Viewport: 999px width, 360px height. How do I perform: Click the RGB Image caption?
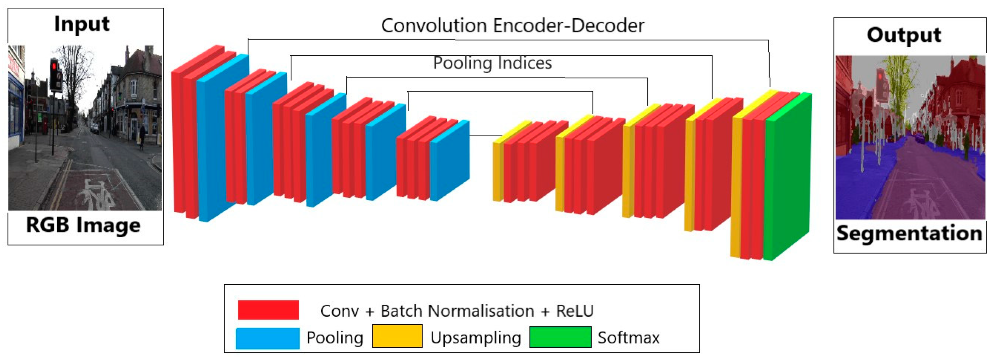tap(83, 225)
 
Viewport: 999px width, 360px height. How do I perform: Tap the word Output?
tap(904, 35)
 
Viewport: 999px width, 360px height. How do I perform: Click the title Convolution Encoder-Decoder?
tap(512, 26)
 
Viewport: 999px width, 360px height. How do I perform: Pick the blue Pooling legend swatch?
tap(267, 338)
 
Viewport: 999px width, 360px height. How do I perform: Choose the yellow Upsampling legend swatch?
tap(397, 336)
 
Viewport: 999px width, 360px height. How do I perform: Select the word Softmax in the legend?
tap(628, 338)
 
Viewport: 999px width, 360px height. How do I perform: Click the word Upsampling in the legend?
tap(476, 338)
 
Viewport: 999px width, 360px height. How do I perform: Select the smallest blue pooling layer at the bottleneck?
tap(450, 161)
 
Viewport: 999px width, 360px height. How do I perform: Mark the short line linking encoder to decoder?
tap(486, 136)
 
